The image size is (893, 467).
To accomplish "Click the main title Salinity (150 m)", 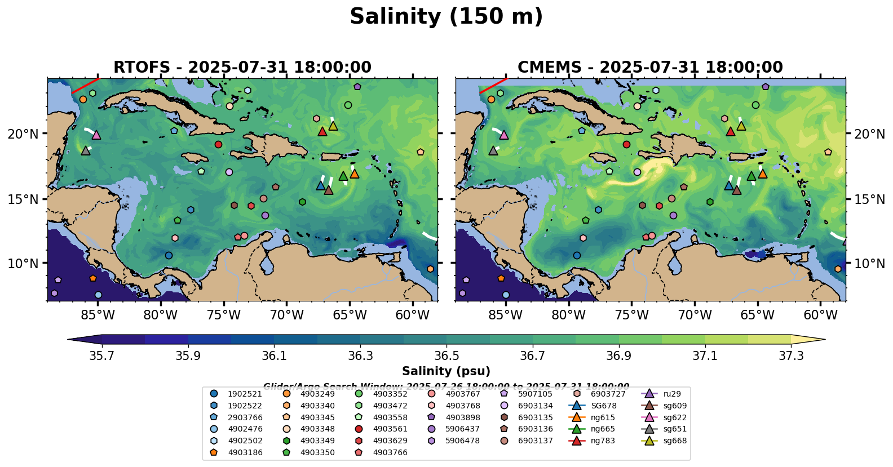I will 446,16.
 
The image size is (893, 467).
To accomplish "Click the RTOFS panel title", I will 242,67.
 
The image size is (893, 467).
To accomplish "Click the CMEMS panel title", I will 650,67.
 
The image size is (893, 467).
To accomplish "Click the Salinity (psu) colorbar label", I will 446,371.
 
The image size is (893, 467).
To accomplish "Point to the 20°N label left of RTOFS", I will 23,134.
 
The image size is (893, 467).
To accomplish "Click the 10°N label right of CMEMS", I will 869,264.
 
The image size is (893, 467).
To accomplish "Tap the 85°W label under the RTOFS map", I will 98,315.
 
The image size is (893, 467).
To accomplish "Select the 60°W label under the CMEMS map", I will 820,315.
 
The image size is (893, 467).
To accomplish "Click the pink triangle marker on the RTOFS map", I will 96,135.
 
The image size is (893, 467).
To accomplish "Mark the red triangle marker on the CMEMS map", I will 731,132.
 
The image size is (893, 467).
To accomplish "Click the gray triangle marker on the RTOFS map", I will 86,150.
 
